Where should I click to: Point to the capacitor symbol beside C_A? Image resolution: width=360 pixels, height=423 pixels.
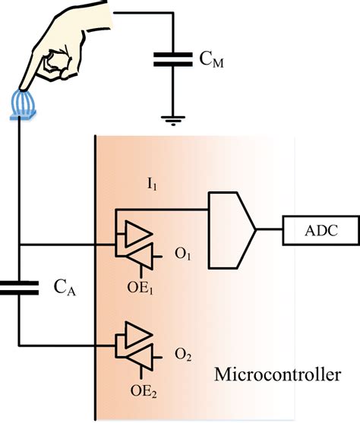click(18, 286)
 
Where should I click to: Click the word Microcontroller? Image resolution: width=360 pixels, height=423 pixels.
click(278, 374)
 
